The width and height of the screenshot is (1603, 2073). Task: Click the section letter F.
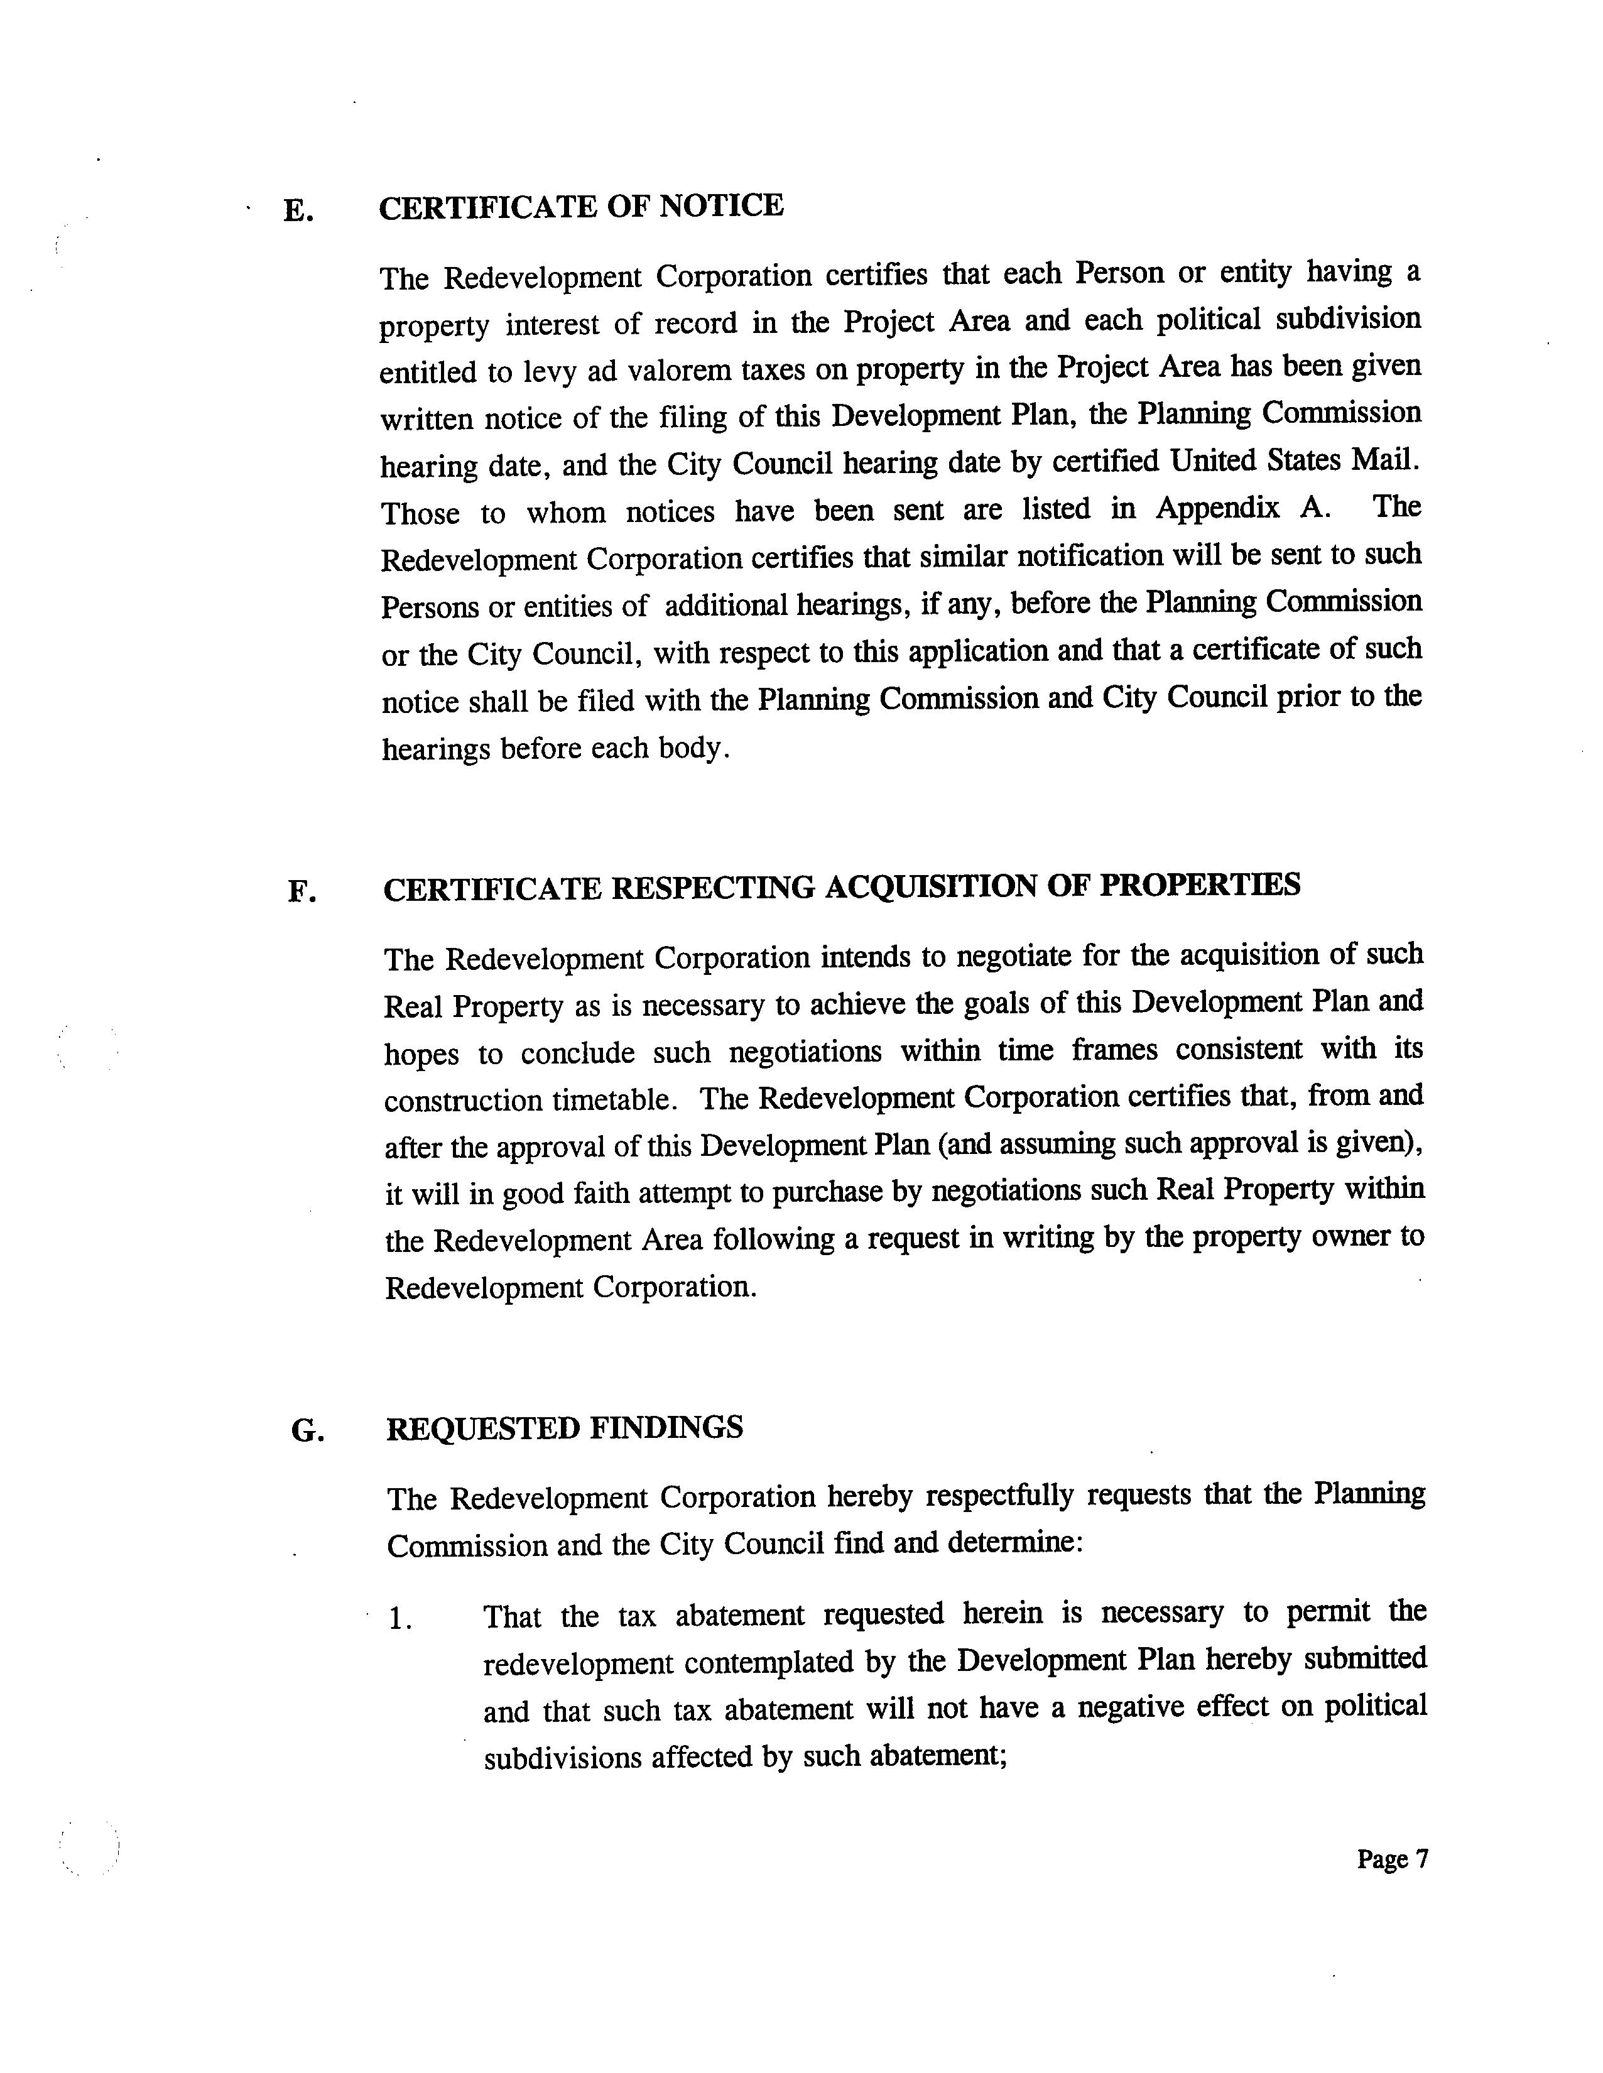pos(301,891)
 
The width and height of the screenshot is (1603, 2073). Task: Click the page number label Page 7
pos(1391,1859)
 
